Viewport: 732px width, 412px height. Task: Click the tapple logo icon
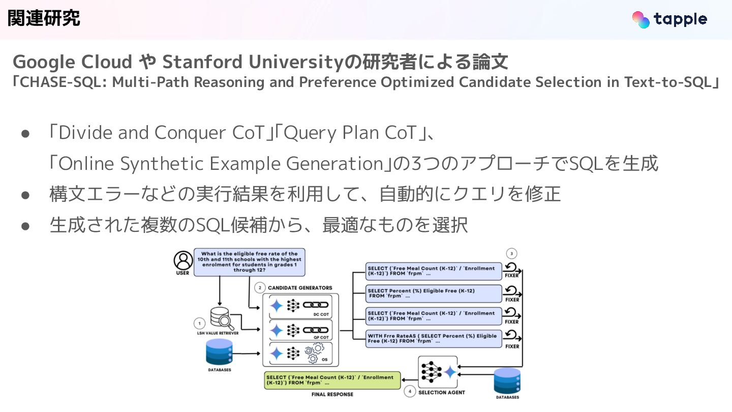[641, 19]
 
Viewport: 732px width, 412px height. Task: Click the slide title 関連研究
[44, 18]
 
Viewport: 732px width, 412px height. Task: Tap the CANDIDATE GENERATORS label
[300, 288]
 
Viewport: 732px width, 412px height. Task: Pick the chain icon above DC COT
[315, 305]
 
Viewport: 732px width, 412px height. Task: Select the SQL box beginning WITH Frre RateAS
[434, 339]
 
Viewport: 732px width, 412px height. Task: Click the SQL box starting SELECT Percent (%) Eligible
[434, 293]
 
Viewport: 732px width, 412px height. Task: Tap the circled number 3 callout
[512, 253]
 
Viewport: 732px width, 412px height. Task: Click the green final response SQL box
[332, 380]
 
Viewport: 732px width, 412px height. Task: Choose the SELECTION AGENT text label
[441, 393]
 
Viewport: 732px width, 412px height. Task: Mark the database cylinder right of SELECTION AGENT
[507, 380]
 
